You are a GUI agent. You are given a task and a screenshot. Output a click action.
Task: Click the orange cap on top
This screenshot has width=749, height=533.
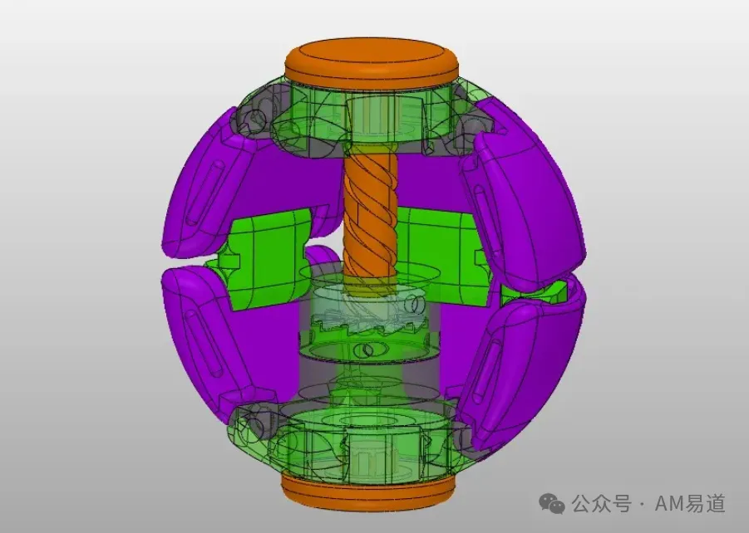372,62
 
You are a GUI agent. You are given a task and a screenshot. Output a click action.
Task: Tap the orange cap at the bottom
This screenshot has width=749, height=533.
368,492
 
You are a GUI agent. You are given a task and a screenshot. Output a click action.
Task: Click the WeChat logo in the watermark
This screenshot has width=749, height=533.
552,504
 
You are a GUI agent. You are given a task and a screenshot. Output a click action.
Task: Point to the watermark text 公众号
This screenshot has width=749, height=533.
601,504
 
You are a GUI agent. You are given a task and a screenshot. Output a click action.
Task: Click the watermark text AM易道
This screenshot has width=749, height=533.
690,503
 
